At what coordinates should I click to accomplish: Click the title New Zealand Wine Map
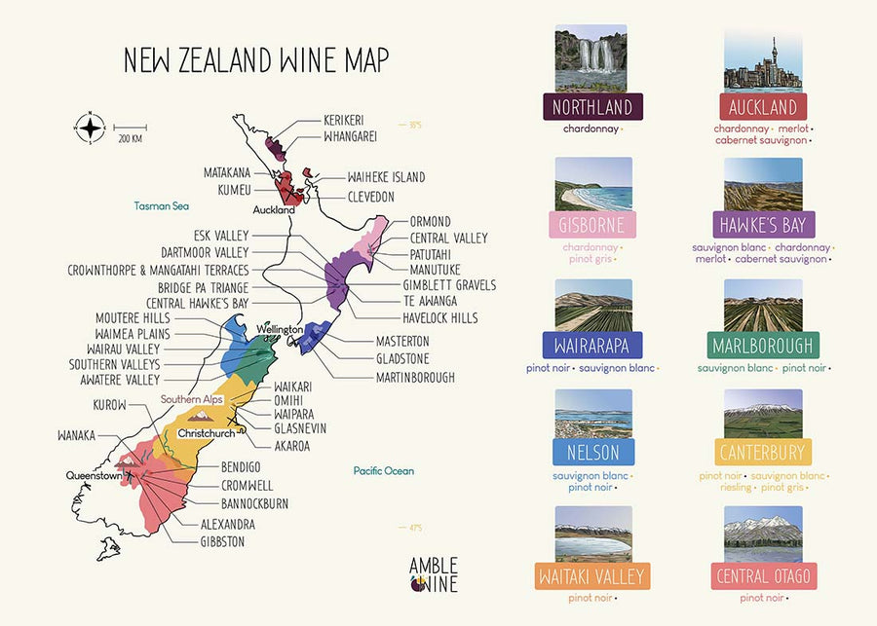[255, 59]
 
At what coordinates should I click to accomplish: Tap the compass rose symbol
[91, 128]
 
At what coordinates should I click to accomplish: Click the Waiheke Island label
[386, 177]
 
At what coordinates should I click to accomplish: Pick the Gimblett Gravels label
[449, 285]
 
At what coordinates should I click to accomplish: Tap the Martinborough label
[415, 377]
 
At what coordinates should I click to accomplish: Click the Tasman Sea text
[161, 206]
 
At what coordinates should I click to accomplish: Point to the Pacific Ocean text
[383, 471]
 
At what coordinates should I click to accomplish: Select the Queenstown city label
[94, 476]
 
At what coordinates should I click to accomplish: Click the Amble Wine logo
[433, 575]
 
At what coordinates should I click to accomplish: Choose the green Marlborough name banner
[763, 345]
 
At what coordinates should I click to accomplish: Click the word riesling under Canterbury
[737, 487]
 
